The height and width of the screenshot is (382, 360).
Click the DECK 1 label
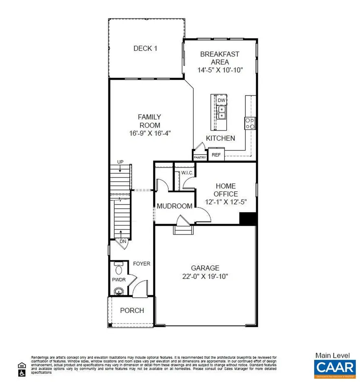coord(143,48)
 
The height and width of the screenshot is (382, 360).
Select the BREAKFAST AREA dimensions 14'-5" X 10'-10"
coord(220,70)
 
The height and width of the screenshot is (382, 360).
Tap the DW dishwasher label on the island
coord(221,100)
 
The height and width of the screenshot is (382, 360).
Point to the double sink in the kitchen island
coord(221,112)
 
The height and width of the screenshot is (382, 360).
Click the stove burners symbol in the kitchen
coord(250,123)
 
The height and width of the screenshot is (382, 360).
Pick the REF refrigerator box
coord(216,154)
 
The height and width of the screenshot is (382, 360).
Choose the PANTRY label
coord(200,157)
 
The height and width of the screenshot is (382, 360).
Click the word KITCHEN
coord(220,138)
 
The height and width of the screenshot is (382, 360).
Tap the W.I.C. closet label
coord(186,173)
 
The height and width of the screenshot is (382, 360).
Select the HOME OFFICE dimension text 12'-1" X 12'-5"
coord(226,202)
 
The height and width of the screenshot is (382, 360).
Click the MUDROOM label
coord(174,206)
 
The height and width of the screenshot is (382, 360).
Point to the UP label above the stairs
coord(120,162)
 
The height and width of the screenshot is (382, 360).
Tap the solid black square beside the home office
coord(247,219)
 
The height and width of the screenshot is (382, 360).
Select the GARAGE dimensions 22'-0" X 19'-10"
coord(205,276)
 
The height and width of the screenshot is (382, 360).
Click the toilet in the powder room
coord(118,269)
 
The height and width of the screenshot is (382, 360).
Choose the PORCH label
coord(132,310)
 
